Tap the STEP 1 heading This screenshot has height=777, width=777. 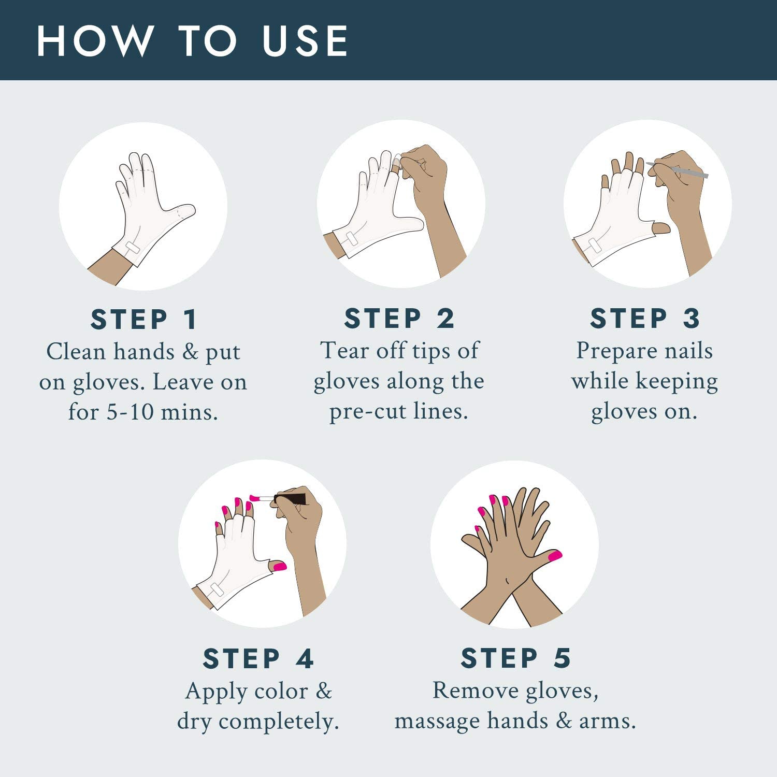click(x=144, y=319)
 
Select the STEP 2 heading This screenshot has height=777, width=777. click(x=399, y=318)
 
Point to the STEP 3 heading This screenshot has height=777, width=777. click(x=645, y=318)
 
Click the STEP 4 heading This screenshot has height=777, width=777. click(x=258, y=659)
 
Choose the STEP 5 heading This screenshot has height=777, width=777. click(x=515, y=658)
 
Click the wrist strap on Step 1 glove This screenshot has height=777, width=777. click(x=132, y=248)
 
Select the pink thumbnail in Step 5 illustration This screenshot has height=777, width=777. click(x=555, y=556)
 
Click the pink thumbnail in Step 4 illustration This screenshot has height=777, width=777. click(x=280, y=566)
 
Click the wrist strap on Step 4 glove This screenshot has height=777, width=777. click(x=217, y=589)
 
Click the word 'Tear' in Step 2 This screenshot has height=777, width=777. click(x=340, y=351)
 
